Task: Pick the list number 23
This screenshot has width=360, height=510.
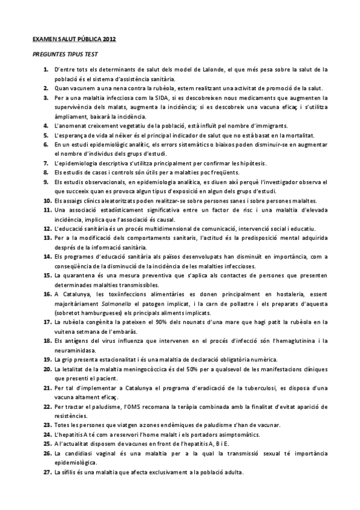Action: point(46,424)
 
